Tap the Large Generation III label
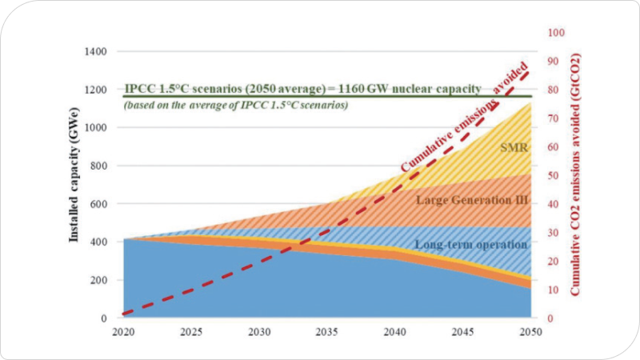click(471, 200)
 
